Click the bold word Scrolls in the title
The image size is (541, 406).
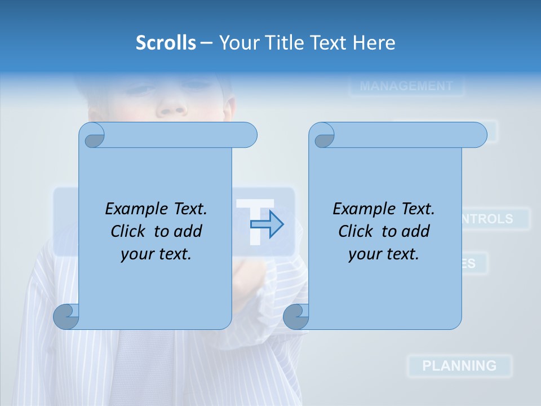click(166, 43)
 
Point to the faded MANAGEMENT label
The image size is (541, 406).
click(406, 86)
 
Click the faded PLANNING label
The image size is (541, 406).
click(459, 365)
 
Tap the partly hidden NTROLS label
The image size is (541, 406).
click(488, 219)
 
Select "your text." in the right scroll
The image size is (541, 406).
click(384, 254)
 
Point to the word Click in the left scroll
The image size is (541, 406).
click(127, 232)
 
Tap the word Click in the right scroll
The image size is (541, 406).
click(355, 232)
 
